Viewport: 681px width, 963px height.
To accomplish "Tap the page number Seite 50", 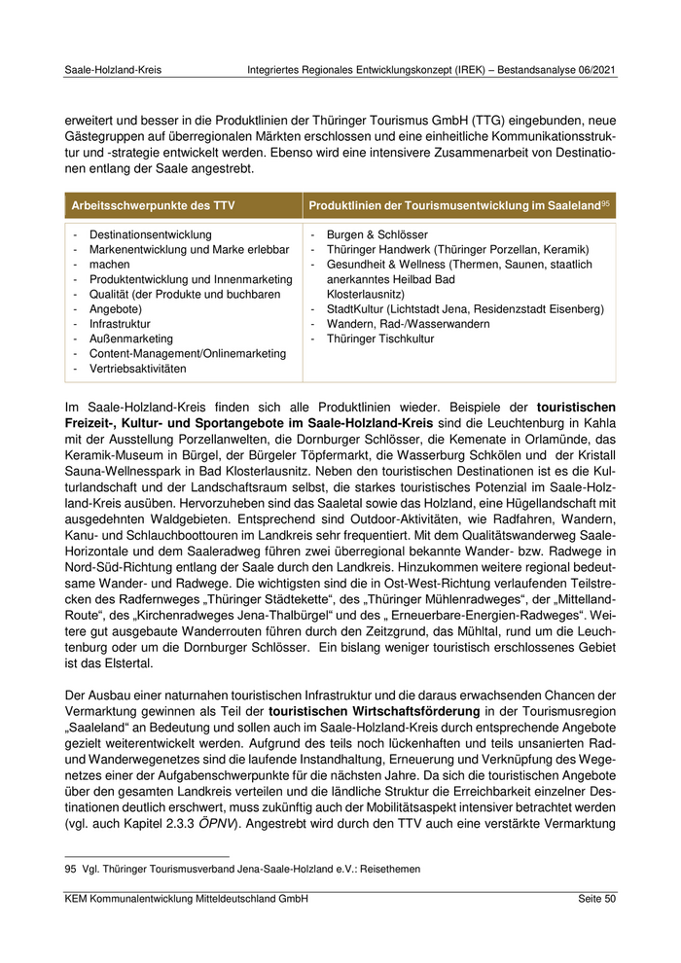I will (x=593, y=900).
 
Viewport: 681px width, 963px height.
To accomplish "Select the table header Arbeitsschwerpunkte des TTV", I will (x=154, y=205).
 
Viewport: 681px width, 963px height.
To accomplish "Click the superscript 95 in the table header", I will (x=605, y=202).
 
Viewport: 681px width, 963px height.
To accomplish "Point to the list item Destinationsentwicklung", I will (x=150, y=235).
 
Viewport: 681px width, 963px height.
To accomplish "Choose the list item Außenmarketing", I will (x=132, y=339).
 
